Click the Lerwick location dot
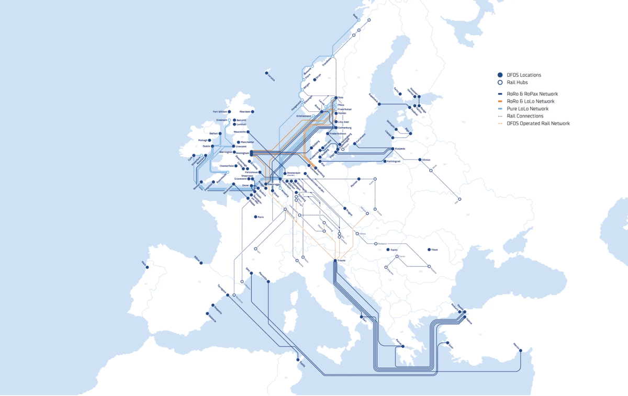(x=266, y=73)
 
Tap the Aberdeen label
(x=244, y=111)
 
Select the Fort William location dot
(x=231, y=112)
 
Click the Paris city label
(x=260, y=217)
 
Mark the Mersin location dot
(x=521, y=351)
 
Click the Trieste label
(x=341, y=260)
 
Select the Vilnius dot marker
(x=419, y=160)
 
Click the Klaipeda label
(x=401, y=148)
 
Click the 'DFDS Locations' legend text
(x=523, y=75)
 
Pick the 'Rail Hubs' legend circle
(x=500, y=82)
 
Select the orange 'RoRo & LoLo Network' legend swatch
(x=500, y=101)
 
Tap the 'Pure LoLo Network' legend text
(x=528, y=109)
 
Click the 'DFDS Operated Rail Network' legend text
(x=538, y=123)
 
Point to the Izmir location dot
(x=448, y=343)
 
